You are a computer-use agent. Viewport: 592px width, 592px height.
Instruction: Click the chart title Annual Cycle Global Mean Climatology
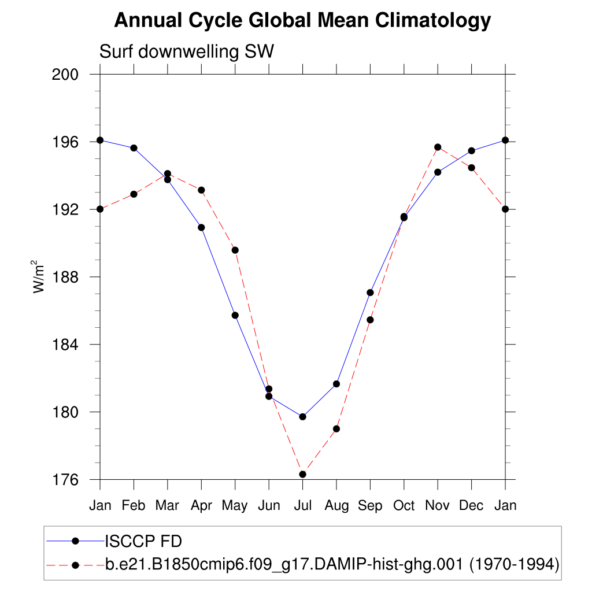pyautogui.click(x=302, y=21)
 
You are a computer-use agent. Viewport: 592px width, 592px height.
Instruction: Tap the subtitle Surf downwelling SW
pyautogui.click(x=187, y=51)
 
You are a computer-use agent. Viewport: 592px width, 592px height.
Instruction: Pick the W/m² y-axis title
pyautogui.click(x=39, y=277)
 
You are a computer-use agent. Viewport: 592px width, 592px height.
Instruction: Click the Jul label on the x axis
pyautogui.click(x=302, y=506)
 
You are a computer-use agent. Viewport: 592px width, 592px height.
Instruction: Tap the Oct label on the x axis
pyautogui.click(x=404, y=506)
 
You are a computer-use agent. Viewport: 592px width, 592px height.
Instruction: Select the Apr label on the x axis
pyautogui.click(x=201, y=506)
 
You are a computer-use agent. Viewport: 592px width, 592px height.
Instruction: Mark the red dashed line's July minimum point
pyautogui.click(x=302, y=474)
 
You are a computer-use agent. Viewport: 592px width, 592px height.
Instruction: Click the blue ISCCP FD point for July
pyautogui.click(x=302, y=417)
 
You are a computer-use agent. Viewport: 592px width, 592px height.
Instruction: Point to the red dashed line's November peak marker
pyautogui.click(x=438, y=147)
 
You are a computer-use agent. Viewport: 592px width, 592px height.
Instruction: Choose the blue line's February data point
pyautogui.click(x=134, y=148)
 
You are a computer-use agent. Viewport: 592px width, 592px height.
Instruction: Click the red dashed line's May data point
pyautogui.click(x=235, y=250)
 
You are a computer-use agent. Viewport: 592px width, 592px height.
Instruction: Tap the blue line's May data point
pyautogui.click(x=235, y=315)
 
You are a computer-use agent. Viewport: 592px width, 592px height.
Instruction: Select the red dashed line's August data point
pyautogui.click(x=336, y=429)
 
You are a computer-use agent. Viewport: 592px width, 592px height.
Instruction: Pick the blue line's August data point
pyautogui.click(x=336, y=384)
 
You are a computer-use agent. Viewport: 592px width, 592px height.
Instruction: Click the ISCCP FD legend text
pyautogui.click(x=143, y=542)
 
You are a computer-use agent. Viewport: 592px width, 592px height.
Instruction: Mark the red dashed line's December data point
pyautogui.click(x=472, y=168)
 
